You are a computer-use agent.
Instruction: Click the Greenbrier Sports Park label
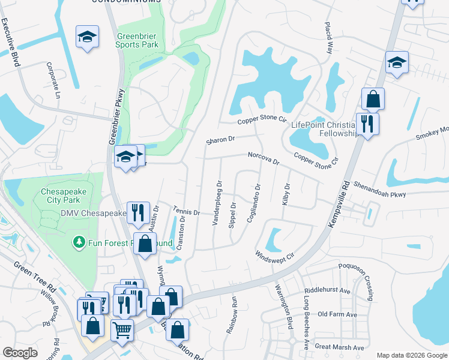tap(138, 39)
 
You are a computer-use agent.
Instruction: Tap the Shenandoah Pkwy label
tap(379, 189)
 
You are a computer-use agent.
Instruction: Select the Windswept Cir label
tap(277, 255)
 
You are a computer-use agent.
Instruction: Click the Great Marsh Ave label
tap(340, 347)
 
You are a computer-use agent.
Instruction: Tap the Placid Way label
tap(329, 40)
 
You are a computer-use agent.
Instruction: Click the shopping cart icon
tap(122, 329)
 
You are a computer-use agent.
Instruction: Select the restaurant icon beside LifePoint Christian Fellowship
tap(367, 124)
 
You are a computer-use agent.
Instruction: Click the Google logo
tap(20, 353)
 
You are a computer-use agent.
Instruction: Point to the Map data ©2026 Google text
tap(411, 355)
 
